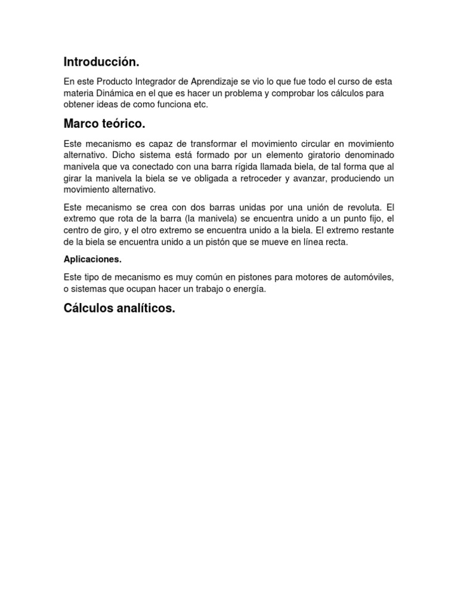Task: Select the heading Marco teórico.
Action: (x=104, y=124)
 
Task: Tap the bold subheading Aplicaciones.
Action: (x=92, y=260)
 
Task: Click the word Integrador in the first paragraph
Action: (x=148, y=81)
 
